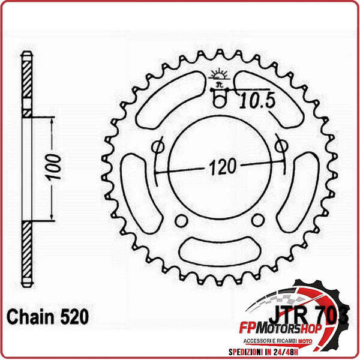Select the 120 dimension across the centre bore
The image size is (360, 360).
(x=220, y=166)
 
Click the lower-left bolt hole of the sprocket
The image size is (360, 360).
(x=181, y=220)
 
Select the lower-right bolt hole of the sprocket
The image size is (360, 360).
(x=257, y=220)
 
